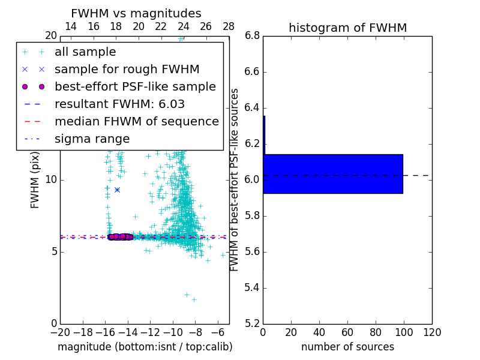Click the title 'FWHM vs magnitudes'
coord(136,13)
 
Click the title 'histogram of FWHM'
coord(347,28)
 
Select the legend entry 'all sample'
coord(85,52)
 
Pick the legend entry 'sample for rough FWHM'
coord(127,69)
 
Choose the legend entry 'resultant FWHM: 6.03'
coord(119,104)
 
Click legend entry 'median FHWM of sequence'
coord(136,121)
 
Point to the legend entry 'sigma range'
coord(92,139)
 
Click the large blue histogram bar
coord(333,174)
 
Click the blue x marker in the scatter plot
coord(117,190)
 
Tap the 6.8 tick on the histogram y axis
coord(252,35)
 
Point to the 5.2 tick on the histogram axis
coord(252,323)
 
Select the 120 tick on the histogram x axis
coord(432,332)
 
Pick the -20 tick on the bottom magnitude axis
coord(60,332)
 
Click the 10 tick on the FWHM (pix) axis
coord(51,179)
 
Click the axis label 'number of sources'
coord(347,347)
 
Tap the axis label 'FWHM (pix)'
coord(35,179)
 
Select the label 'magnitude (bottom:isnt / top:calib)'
coord(145,347)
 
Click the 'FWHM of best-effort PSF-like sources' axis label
coord(235,179)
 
